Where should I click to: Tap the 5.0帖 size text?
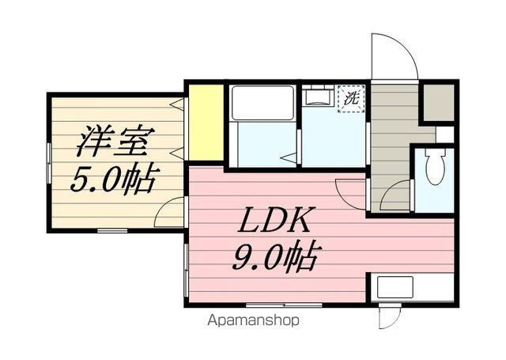point(115,179)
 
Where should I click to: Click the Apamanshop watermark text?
point(254,320)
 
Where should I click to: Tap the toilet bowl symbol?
point(435,167)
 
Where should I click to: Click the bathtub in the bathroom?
point(262,103)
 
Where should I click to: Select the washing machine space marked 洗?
point(351,98)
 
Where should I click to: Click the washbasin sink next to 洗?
point(318,97)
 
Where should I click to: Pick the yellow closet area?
point(206,123)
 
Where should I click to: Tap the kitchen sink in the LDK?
point(395,287)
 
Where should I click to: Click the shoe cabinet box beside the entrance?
point(438,102)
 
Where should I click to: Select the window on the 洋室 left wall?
point(49,163)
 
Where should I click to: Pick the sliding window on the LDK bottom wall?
point(284,305)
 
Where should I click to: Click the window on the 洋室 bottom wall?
point(112,230)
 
